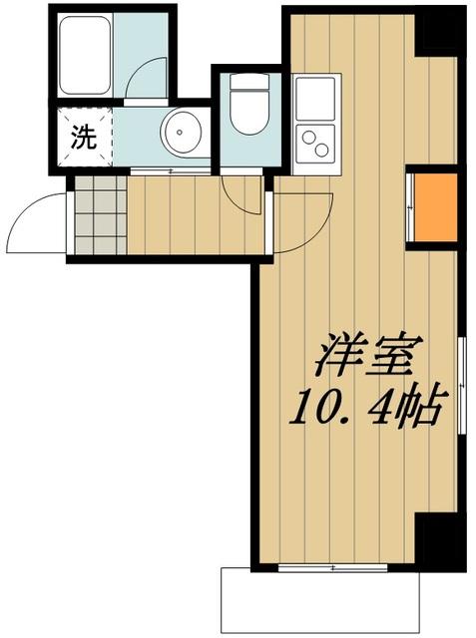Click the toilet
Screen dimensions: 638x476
coord(243,115)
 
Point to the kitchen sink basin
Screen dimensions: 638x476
coord(317,97)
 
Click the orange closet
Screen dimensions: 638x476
coord(435,208)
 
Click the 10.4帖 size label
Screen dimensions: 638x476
coord(364,408)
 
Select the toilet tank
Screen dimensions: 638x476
coord(243,83)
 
